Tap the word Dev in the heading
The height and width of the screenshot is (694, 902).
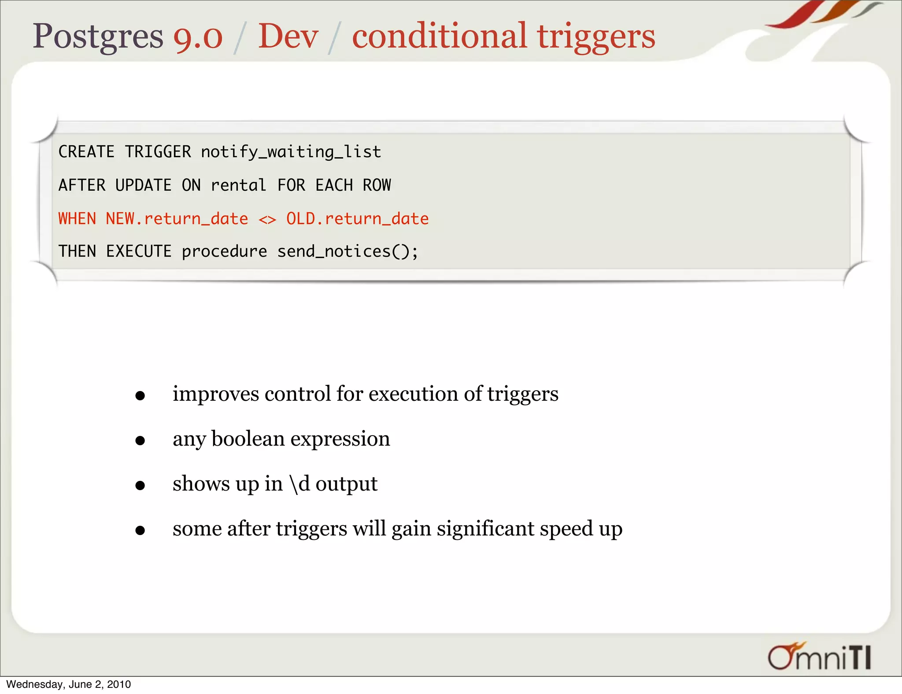288,36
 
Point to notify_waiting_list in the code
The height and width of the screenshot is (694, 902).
291,152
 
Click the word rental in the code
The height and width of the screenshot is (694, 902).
238,185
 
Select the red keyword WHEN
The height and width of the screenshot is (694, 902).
77,218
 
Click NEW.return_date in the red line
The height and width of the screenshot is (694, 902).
177,218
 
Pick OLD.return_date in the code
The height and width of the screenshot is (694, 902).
357,218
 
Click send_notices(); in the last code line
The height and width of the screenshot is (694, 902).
347,251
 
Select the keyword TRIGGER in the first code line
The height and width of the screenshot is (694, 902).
158,152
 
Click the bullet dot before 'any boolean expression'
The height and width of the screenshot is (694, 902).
140,440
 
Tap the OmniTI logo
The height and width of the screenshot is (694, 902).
820,657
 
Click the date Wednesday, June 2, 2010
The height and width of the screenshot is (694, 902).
69,684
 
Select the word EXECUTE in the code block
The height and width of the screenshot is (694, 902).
139,251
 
